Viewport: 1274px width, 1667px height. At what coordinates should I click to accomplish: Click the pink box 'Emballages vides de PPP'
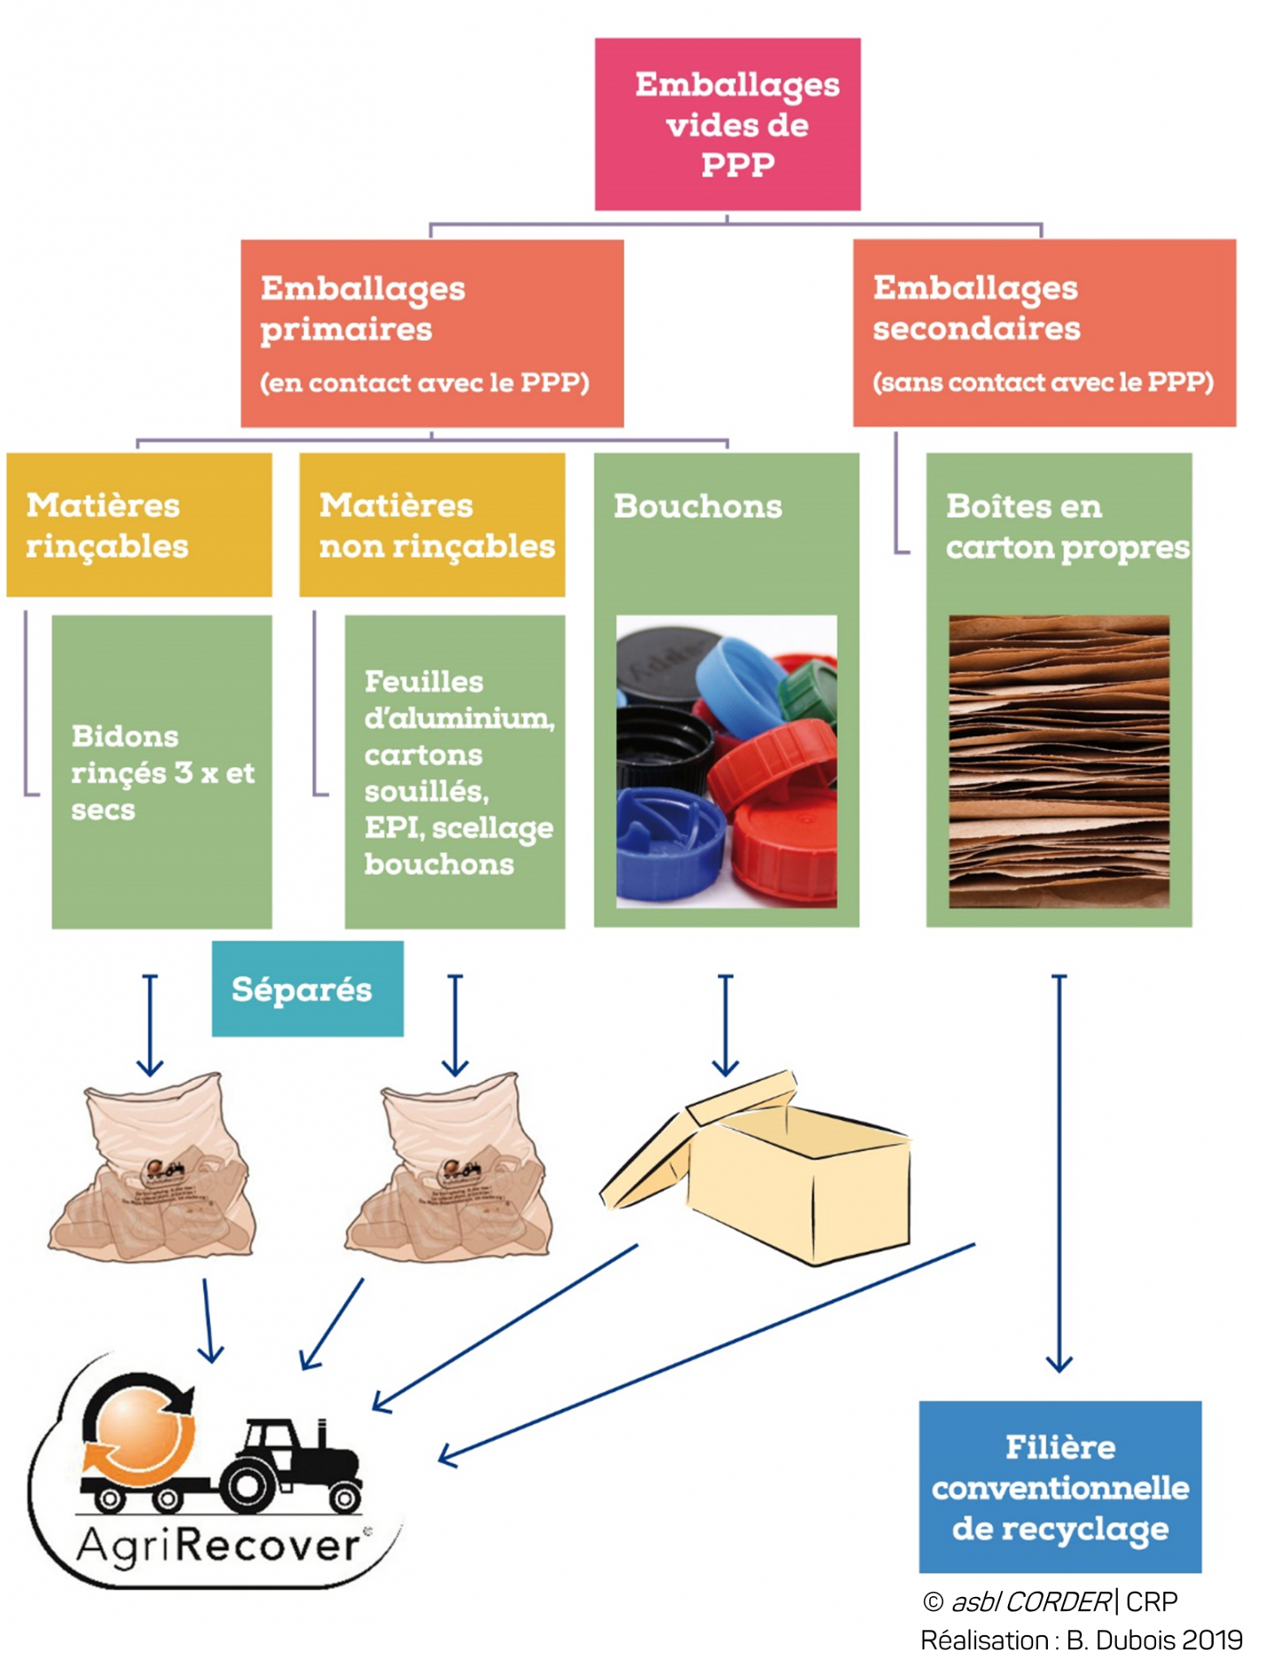pyautogui.click(x=727, y=125)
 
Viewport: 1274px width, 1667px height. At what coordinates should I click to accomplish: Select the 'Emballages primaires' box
pyautogui.click(x=432, y=333)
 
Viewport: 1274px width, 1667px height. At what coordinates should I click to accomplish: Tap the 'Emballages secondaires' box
pyautogui.click(x=1044, y=333)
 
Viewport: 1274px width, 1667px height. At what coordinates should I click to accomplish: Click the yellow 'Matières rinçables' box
pyautogui.click(x=139, y=525)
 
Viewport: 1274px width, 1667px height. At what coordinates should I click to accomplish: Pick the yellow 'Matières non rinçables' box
pyautogui.click(x=432, y=525)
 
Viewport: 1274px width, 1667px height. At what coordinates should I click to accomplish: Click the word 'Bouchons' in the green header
pyautogui.click(x=697, y=506)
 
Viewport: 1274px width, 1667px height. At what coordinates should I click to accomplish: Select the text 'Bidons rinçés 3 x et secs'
pyautogui.click(x=162, y=772)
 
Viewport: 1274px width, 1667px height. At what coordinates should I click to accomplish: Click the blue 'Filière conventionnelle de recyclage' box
pyautogui.click(x=1059, y=1487)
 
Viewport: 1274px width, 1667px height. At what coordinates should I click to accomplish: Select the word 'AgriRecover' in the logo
pyautogui.click(x=218, y=1547)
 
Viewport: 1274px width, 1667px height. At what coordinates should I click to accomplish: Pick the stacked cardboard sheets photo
pyautogui.click(x=1058, y=761)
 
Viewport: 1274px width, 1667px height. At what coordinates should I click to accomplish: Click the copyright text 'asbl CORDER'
pyautogui.click(x=1030, y=1602)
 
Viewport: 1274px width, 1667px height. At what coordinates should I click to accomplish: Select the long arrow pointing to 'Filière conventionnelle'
pyautogui.click(x=1058, y=1172)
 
